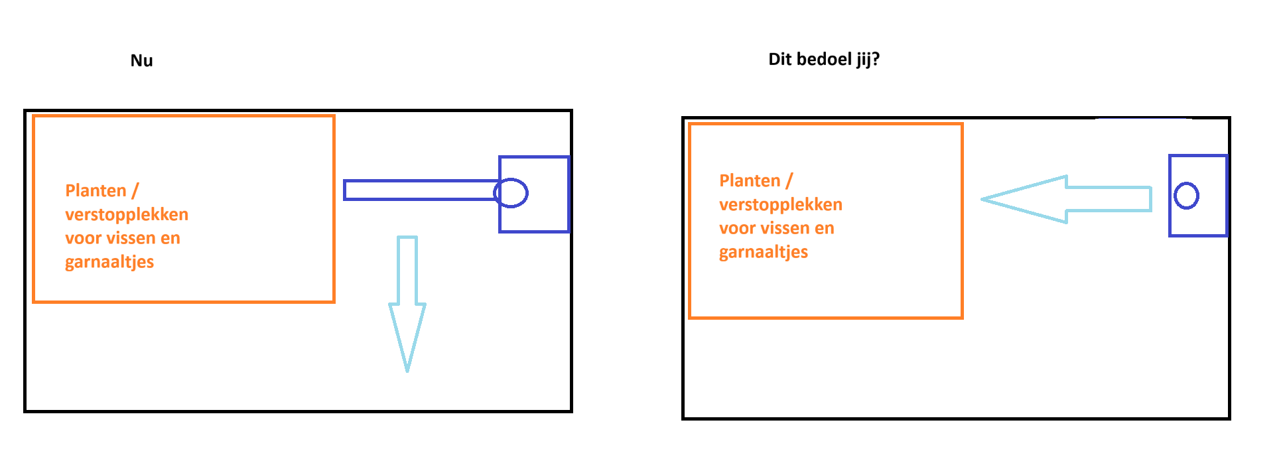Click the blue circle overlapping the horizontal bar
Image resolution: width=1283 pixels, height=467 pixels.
tap(511, 192)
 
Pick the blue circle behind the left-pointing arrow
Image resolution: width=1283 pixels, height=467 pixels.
tap(1186, 196)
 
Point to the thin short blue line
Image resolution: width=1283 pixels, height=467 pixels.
tap(1142, 118)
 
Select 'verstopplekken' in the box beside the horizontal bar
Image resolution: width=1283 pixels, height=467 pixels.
tap(127, 214)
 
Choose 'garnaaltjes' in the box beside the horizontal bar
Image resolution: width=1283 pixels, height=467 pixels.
tap(109, 262)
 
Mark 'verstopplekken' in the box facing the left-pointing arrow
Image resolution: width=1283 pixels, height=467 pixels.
tap(781, 204)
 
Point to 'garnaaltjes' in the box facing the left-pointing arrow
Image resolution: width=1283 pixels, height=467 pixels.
tap(764, 252)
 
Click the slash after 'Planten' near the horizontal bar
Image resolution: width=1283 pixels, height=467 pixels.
tap(135, 191)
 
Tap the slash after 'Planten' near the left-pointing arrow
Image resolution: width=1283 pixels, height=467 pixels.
tap(789, 180)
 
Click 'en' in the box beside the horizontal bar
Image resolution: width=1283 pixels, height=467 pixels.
tap(170, 238)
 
